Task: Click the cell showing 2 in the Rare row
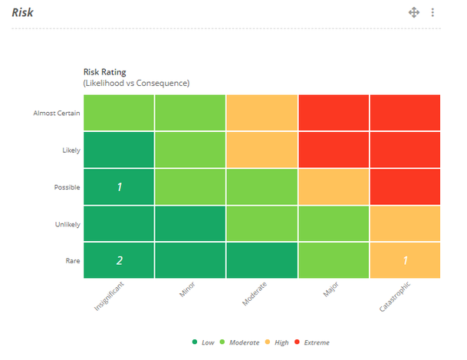[119, 260]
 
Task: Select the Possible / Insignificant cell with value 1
[119, 187]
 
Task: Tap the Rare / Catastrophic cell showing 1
[405, 260]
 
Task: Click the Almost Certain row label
[57, 114]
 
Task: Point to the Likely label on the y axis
[71, 150]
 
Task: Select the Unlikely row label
[67, 224]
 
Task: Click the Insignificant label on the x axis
[109, 296]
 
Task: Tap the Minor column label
[187, 289]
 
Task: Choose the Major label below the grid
[331, 289]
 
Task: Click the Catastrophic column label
[395, 296]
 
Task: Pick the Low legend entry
[203, 342]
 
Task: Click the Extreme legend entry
[312, 342]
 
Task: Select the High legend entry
[277, 342]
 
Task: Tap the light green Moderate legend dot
[222, 342]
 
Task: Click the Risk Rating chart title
[105, 72]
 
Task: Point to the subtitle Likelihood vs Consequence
[136, 83]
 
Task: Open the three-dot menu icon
[432, 12]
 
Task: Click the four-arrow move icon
[414, 12]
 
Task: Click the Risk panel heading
[23, 12]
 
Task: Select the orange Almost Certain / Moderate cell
[262, 113]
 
